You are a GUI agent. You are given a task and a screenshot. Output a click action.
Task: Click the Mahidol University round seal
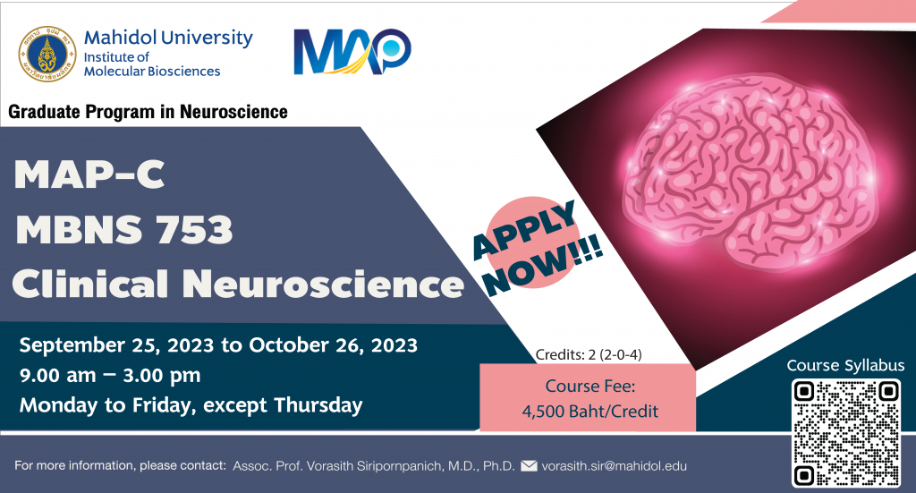coord(47,54)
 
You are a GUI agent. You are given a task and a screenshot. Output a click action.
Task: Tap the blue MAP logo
coord(352,51)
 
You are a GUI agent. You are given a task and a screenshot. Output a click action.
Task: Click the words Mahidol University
coord(168,38)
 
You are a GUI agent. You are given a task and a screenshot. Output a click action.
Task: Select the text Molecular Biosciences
coord(152,72)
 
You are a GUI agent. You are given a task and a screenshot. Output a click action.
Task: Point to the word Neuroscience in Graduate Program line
coord(233,112)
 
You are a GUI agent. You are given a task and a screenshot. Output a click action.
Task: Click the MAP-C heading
coord(89,174)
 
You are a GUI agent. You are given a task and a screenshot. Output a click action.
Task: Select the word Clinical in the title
coord(90,284)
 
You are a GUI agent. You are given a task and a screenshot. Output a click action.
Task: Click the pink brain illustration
coord(750,174)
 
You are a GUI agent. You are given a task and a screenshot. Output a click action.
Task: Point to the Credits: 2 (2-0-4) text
coord(589,354)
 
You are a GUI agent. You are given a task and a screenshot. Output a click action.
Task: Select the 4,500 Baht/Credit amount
coord(590,412)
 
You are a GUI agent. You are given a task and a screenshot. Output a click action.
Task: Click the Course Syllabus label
coord(845,366)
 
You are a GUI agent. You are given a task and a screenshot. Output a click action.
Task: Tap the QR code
coord(846,432)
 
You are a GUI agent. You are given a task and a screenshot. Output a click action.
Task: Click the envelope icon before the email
coord(529,466)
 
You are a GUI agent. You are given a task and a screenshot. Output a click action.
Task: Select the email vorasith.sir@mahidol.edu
coord(614,466)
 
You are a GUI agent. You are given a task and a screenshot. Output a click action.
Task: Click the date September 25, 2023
coord(117,345)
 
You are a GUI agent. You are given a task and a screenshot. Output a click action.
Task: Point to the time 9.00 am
coord(58,375)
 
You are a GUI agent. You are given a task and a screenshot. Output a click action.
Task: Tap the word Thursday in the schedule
coord(318,404)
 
